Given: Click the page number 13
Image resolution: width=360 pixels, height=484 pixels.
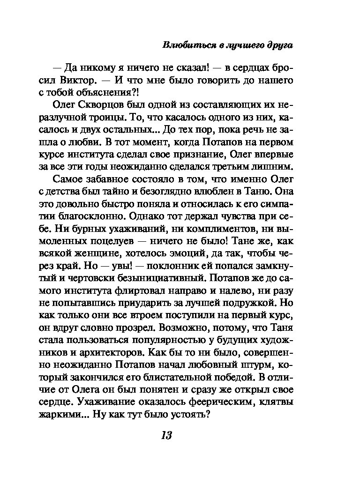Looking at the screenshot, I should (x=166, y=435).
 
